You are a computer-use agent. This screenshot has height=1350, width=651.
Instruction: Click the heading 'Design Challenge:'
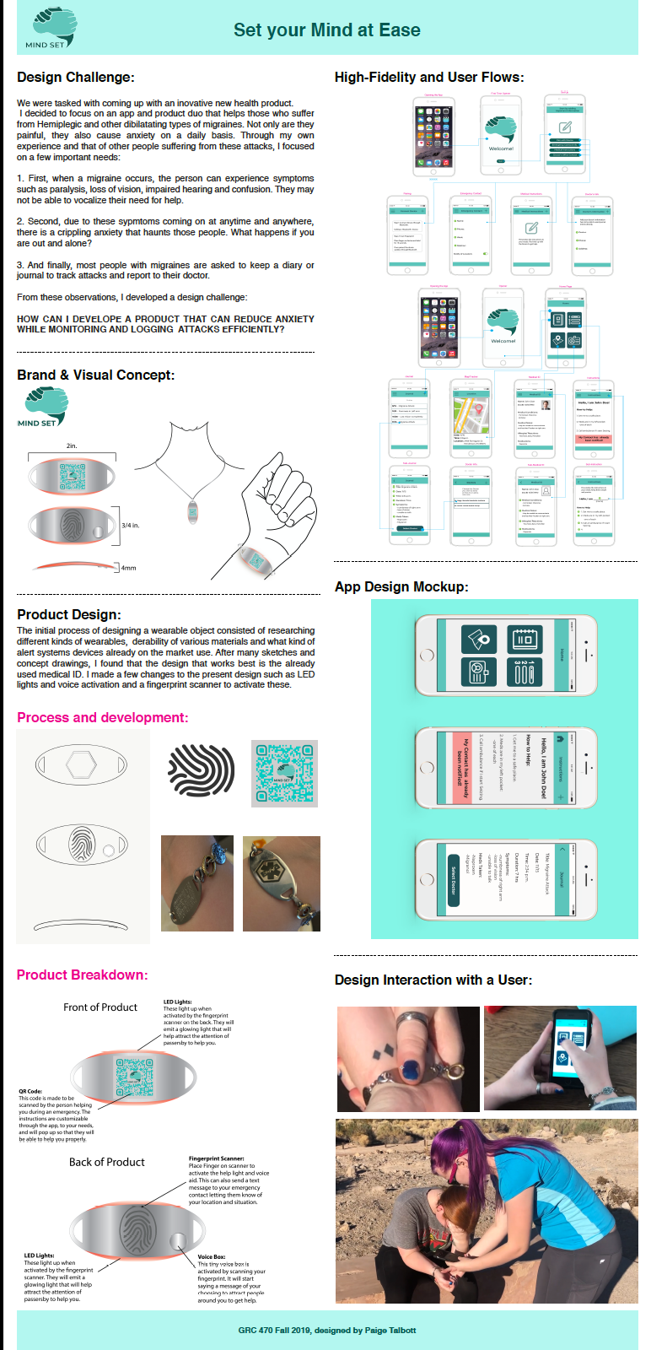pos(75,78)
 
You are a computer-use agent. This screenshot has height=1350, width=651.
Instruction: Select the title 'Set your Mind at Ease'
pos(326,30)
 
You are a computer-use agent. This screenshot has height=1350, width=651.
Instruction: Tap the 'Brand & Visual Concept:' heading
pos(95,375)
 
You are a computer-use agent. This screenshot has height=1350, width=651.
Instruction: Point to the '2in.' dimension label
pos(72,445)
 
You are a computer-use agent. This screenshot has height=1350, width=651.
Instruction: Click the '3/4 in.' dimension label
pos(131,525)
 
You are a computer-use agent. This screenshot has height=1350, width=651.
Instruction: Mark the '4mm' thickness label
pos(129,568)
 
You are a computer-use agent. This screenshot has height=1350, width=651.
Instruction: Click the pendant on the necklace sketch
pos(193,512)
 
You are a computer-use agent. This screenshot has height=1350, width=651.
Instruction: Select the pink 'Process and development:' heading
pos(102,717)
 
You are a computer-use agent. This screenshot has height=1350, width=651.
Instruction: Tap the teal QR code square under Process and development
pos(284,774)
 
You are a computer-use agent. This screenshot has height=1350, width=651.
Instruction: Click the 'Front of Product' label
pos(100,1007)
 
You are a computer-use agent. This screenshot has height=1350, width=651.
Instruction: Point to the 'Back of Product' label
pos(107,1162)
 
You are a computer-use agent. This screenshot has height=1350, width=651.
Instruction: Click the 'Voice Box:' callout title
pos(211,1256)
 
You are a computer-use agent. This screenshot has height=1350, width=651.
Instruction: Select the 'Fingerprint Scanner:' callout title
pos(217,1158)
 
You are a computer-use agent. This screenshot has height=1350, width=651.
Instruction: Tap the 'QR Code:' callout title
pos(30,1091)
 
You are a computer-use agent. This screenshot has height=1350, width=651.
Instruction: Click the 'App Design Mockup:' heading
pos(401,586)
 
